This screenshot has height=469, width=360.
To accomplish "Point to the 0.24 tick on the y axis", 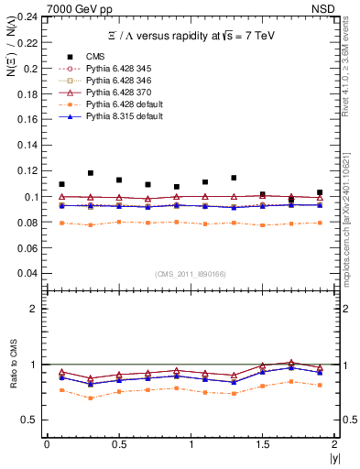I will coord(28,17).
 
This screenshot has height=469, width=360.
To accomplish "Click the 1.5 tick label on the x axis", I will coord(263,444).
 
